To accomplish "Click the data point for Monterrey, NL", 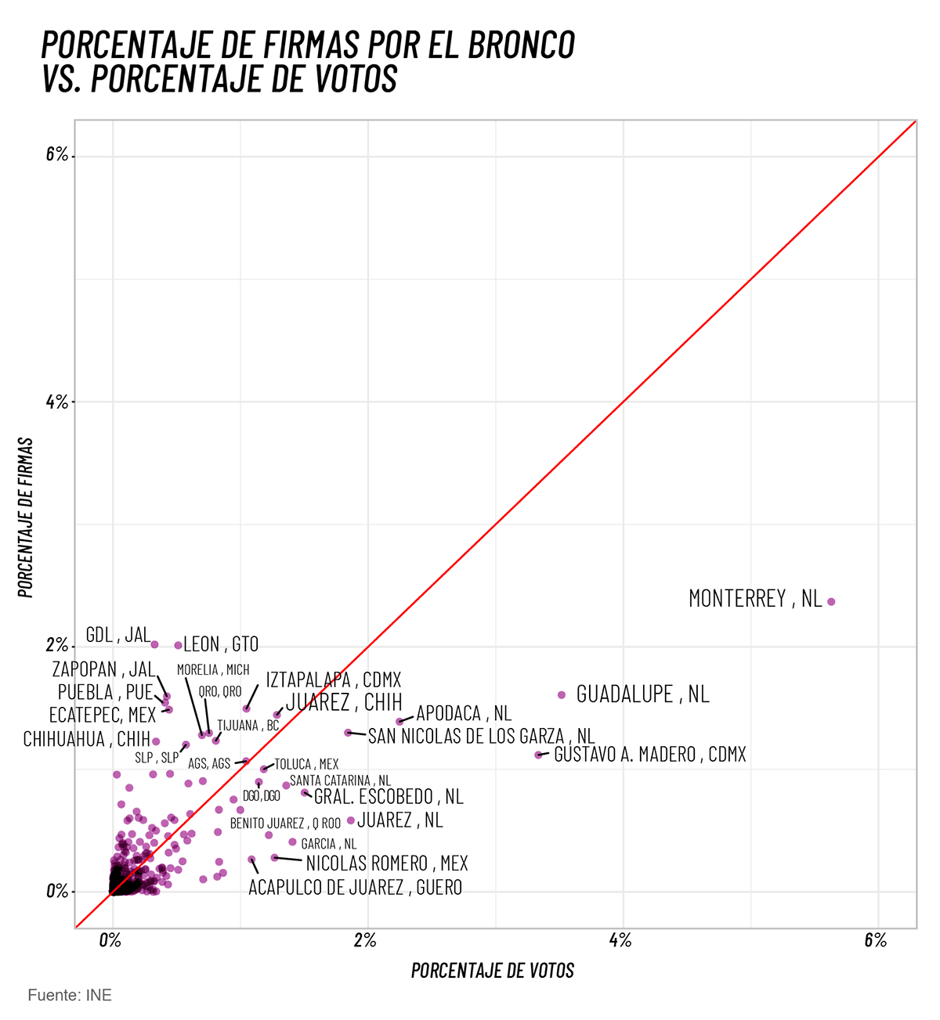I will pyautogui.click(x=831, y=602).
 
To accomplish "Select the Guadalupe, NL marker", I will pyautogui.click(x=561, y=695).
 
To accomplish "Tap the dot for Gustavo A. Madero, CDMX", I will pyautogui.click(x=538, y=755).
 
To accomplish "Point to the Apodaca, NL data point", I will pyautogui.click(x=399, y=721).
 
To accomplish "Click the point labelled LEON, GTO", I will pyautogui.click(x=178, y=646).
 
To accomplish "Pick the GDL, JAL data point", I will pyautogui.click(x=154, y=644).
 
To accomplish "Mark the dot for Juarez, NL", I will pyautogui.click(x=351, y=820).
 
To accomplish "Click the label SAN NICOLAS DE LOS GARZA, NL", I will pyautogui.click(x=481, y=737).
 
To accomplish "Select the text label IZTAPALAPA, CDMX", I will pyautogui.click(x=334, y=679).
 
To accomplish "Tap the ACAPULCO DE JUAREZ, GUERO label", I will pyautogui.click(x=355, y=888).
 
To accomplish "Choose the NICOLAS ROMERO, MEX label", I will pyautogui.click(x=386, y=863).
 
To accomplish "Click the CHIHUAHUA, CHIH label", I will pyautogui.click(x=86, y=740).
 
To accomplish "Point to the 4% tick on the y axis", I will pyautogui.click(x=57, y=402).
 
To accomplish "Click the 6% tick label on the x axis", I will pyautogui.click(x=875, y=941).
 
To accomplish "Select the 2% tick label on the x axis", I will pyautogui.click(x=365, y=941).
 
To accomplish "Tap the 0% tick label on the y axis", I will pyautogui.click(x=57, y=892).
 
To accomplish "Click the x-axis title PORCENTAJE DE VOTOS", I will pyautogui.click(x=493, y=971).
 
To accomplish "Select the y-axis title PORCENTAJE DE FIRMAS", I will pyautogui.click(x=27, y=517).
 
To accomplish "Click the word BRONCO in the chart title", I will pyautogui.click(x=522, y=45).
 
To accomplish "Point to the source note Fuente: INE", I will pyautogui.click(x=70, y=996).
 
